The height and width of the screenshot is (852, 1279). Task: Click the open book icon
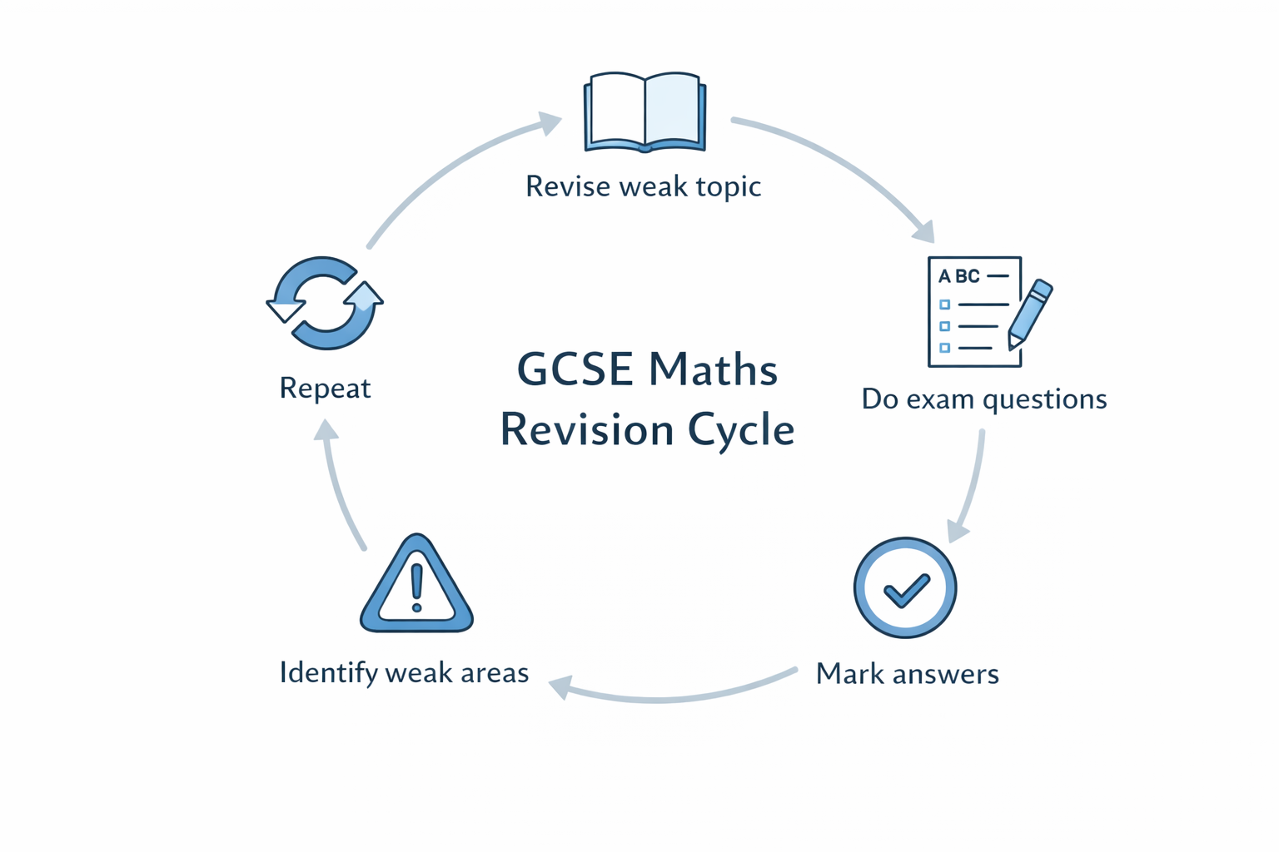click(x=645, y=112)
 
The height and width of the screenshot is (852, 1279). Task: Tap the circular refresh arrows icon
click(x=325, y=303)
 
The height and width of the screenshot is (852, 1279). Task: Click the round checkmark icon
click(x=905, y=587)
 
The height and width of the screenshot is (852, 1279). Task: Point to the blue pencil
click(x=1030, y=313)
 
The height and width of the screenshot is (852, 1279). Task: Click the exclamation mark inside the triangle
click(x=417, y=586)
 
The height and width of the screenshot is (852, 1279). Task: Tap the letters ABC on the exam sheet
click(x=959, y=276)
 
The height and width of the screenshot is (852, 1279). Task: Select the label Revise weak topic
click(x=643, y=186)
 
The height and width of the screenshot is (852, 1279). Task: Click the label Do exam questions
click(x=983, y=399)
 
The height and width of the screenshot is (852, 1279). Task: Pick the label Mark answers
click(x=907, y=673)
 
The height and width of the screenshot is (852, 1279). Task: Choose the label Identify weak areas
click(x=404, y=672)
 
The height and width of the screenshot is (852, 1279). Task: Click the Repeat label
click(x=325, y=388)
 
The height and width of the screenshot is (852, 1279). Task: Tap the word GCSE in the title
click(x=575, y=369)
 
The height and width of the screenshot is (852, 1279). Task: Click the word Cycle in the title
click(x=741, y=430)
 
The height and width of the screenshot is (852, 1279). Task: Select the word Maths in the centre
click(x=713, y=369)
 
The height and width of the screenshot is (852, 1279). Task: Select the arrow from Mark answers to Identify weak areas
click(x=666, y=697)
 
